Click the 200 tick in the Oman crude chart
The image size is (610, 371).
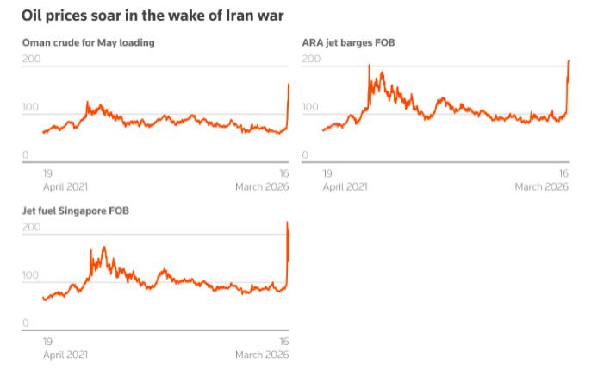31,59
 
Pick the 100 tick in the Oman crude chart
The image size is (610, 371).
31,107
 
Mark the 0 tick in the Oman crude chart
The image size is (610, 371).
25,154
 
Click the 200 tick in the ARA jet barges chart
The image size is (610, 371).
311,59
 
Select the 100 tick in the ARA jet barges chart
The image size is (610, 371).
311,107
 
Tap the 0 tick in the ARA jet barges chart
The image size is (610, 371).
305,154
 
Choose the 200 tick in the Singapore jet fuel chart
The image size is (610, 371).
31,227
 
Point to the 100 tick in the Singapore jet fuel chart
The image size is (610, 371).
31,275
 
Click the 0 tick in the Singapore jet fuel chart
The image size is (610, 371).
25,323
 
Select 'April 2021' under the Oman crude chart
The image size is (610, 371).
65,186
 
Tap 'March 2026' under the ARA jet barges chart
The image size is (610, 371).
541,186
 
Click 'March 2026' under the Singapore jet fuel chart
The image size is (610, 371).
262,355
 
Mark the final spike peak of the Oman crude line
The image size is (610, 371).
289,84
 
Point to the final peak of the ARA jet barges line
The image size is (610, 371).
569,61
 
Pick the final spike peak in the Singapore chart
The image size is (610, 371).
288,223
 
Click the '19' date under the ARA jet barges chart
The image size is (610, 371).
327,173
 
